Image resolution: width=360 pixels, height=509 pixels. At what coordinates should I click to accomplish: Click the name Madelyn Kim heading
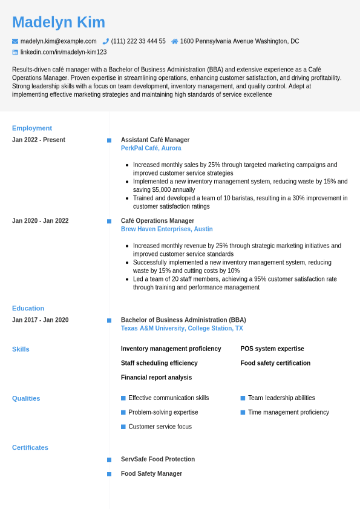pyautogui.click(x=59, y=22)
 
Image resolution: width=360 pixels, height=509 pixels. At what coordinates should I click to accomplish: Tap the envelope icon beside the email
pyautogui.click(x=15, y=41)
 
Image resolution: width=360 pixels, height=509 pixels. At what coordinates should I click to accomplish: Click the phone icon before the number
pyautogui.click(x=106, y=41)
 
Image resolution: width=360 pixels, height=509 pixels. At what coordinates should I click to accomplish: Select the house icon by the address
pyautogui.click(x=175, y=41)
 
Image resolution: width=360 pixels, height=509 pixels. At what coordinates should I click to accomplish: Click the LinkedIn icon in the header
pyautogui.click(x=15, y=52)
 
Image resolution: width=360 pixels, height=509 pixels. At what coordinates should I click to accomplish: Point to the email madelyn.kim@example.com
pyautogui.click(x=58, y=41)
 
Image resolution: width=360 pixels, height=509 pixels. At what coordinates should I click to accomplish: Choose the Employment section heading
pyautogui.click(x=32, y=128)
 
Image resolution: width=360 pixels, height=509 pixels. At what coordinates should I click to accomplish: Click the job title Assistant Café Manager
pyautogui.click(x=155, y=140)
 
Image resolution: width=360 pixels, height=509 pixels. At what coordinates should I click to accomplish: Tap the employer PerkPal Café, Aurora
pyautogui.click(x=151, y=148)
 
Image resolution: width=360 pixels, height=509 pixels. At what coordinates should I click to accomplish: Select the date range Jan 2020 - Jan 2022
pyautogui.click(x=40, y=221)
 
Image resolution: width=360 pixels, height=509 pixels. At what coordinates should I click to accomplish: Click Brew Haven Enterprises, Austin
pyautogui.click(x=166, y=229)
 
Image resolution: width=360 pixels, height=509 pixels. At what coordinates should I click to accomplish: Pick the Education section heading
pyautogui.click(x=28, y=308)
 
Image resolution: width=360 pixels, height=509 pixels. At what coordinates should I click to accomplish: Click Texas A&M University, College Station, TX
pyautogui.click(x=182, y=329)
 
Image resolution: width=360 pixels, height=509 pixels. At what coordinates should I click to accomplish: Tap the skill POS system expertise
pyautogui.click(x=272, y=349)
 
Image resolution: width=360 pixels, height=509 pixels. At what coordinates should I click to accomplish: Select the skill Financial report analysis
pyautogui.click(x=156, y=378)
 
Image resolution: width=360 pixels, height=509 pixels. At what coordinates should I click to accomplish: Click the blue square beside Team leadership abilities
pyautogui.click(x=243, y=398)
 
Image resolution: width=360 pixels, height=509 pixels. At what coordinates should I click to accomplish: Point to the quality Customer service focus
pyautogui.click(x=160, y=427)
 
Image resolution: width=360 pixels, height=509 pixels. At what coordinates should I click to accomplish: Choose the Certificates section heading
pyautogui.click(x=30, y=448)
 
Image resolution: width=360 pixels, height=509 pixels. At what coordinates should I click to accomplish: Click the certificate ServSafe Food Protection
pyautogui.click(x=158, y=459)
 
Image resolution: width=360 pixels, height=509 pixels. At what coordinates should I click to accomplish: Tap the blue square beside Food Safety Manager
pyautogui.click(x=110, y=474)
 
